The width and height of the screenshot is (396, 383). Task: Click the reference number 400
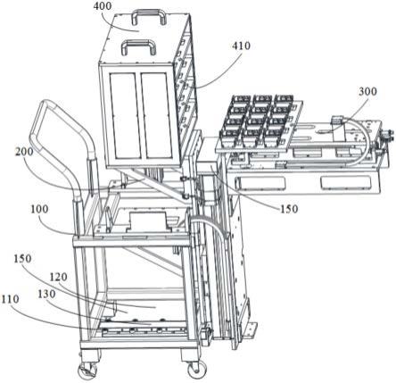tap(103, 6)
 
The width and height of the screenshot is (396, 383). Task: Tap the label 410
tap(241, 46)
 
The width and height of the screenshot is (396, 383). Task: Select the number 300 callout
tap(367, 91)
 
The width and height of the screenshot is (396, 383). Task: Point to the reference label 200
tap(24, 152)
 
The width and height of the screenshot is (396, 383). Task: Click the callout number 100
tap(39, 209)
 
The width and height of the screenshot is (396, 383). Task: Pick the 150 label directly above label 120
tap(22, 258)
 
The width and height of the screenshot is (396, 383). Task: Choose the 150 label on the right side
tap(289, 209)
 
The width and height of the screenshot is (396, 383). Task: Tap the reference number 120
tap(58, 278)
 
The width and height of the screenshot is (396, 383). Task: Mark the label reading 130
tap(46, 294)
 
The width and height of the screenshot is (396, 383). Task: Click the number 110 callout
tap(10, 299)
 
